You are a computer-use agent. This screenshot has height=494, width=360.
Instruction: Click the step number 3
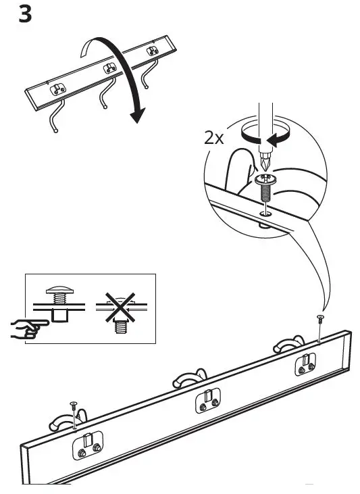24,14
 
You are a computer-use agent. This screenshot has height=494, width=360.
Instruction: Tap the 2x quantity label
215,139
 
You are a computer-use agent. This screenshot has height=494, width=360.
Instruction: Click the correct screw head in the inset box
59,291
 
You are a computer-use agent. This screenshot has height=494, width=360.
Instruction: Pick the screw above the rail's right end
319,318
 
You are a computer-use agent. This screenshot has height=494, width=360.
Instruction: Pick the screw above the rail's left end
73,406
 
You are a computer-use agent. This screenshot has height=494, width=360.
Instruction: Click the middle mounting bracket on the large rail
207,401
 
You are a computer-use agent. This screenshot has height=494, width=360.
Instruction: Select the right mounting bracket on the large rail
305,364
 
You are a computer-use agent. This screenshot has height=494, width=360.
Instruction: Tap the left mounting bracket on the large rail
88,446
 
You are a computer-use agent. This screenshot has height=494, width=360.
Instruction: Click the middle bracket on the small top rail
109,69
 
